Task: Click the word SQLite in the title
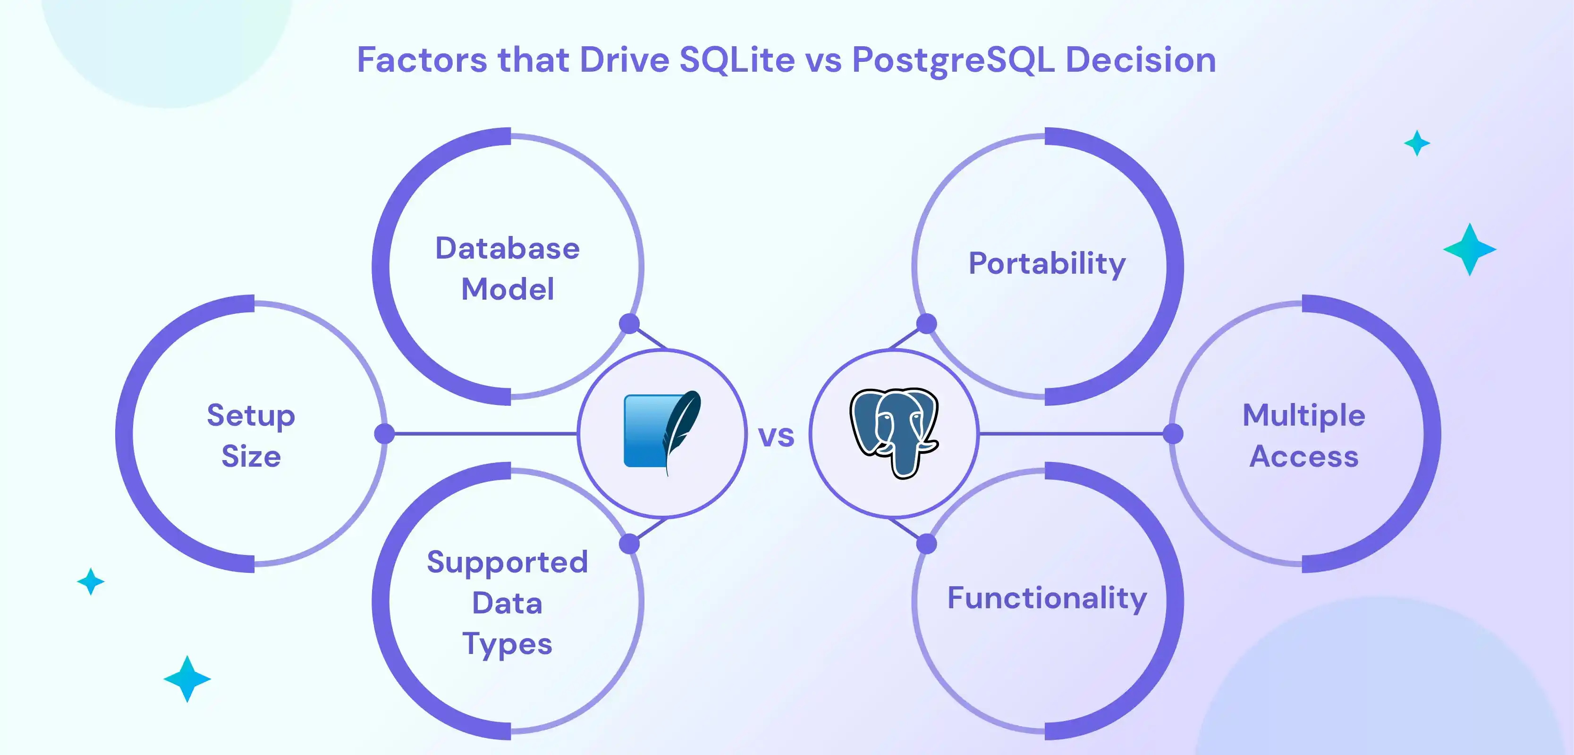click(737, 60)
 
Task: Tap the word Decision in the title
click(1140, 60)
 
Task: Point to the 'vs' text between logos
click(776, 436)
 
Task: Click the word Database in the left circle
click(507, 249)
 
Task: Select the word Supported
click(507, 562)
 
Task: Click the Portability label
click(1047, 264)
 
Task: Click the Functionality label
click(1047, 598)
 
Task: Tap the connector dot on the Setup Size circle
click(384, 434)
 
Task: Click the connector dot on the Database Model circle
click(629, 324)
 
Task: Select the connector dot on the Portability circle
click(926, 324)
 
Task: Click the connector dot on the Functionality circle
click(926, 544)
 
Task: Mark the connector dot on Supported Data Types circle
click(629, 544)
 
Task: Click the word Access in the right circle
click(1304, 457)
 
